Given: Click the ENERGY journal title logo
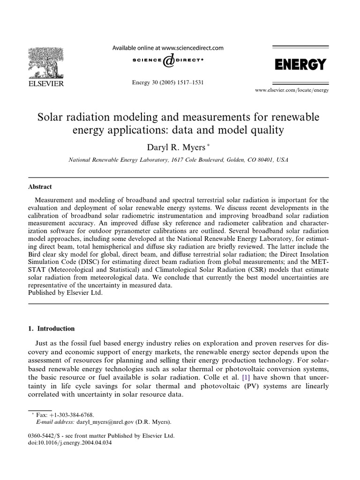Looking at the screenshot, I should click(300, 64).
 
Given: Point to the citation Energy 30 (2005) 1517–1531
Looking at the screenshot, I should click(168, 82).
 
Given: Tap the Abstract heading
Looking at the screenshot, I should click(40, 186).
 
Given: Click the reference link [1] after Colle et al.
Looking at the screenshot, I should click(245, 377).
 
